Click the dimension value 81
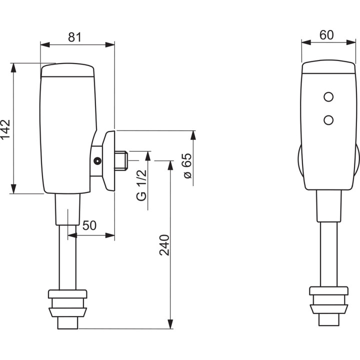pyautogui.click(x=74, y=36)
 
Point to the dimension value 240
pyautogui.click(x=164, y=244)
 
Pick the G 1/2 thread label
pyautogui.click(x=142, y=184)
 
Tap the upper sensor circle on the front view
pyautogui.click(x=328, y=96)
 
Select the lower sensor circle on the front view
pyautogui.click(x=328, y=119)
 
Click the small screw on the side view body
pyautogui.click(x=97, y=161)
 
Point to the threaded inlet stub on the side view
pyautogui.click(x=121, y=160)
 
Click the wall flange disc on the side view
pyautogui.click(x=109, y=160)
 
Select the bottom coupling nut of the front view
pyautogui.click(x=328, y=303)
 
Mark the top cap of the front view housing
pyautogui.click(x=328, y=68)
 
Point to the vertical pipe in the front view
pyautogui.click(x=328, y=250)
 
